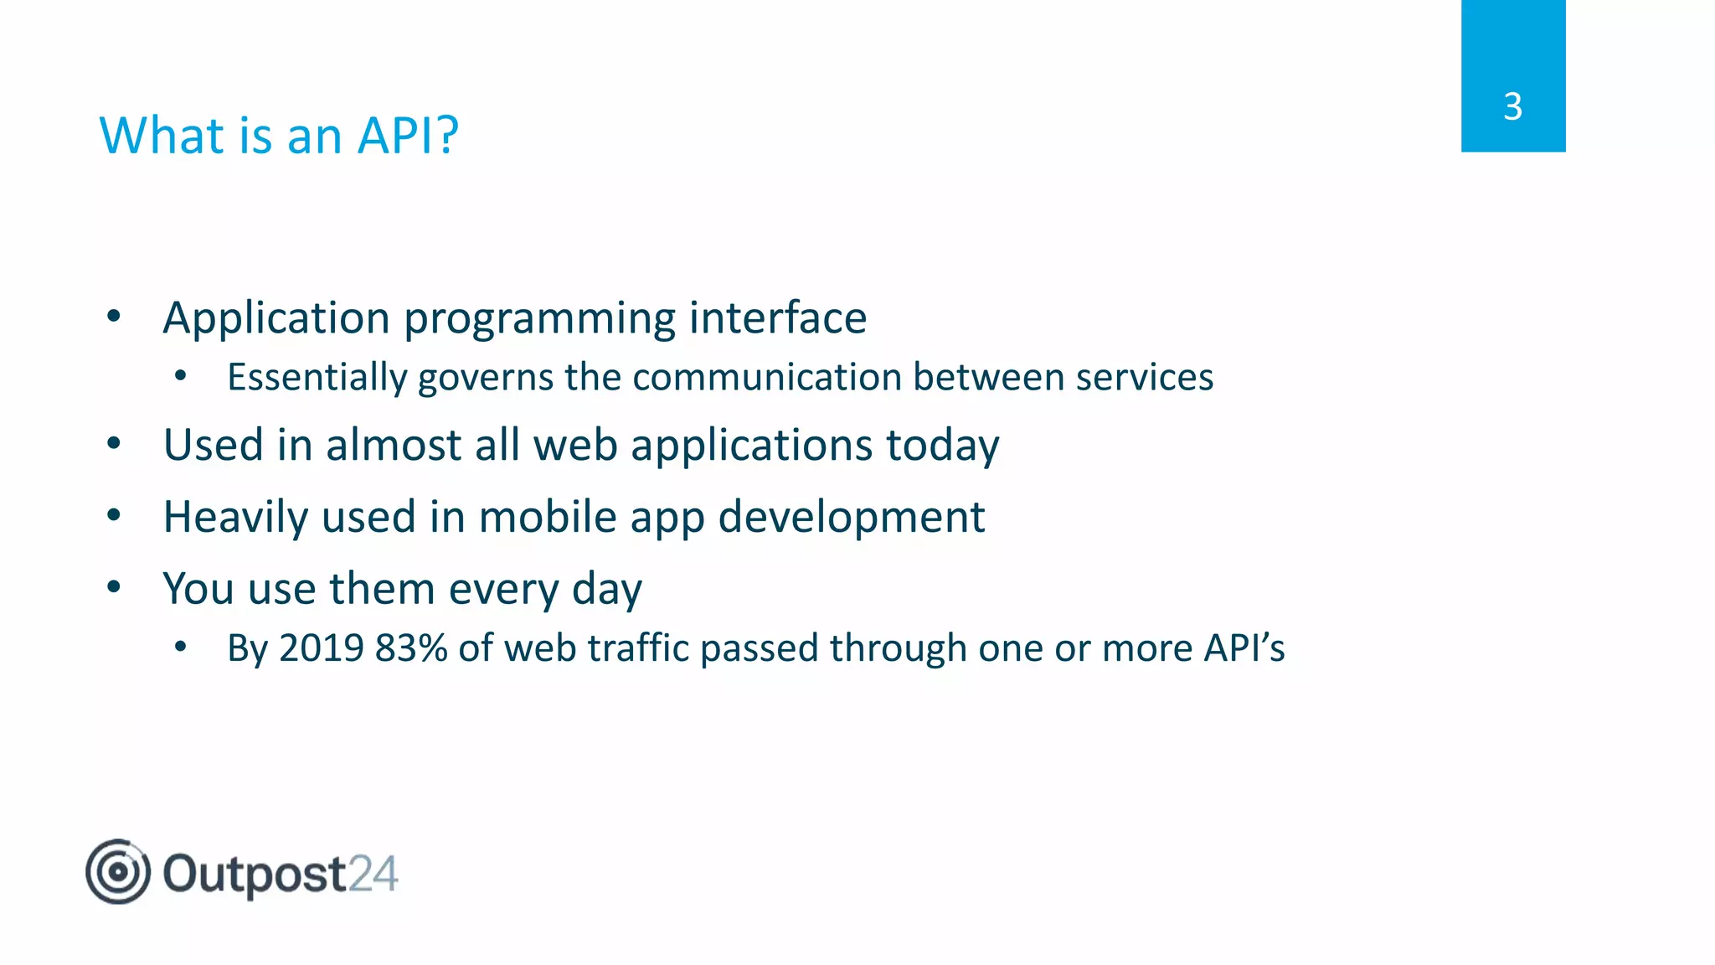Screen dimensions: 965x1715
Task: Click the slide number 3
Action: [x=1512, y=106]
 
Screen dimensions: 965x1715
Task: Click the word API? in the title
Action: [x=408, y=135]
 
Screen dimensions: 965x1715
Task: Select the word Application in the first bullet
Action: [x=276, y=318]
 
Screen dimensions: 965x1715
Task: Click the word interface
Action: [x=777, y=318]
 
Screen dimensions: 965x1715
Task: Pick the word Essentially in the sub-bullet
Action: [x=317, y=378]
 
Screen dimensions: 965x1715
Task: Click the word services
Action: [x=1144, y=377]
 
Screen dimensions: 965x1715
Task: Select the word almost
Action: [x=393, y=445]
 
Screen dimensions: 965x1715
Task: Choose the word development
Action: [x=851, y=518]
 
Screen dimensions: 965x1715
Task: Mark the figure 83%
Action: [x=410, y=648]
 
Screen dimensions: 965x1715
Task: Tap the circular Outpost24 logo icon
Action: [x=118, y=872]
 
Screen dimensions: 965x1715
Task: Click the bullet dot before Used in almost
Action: [x=114, y=444]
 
